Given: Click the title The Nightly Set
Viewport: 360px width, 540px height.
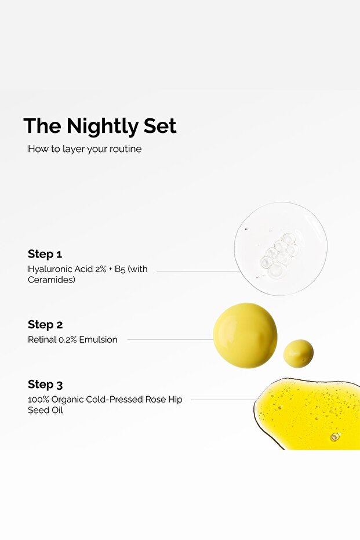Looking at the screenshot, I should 100,126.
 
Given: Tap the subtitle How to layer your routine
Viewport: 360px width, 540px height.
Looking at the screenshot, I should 85,149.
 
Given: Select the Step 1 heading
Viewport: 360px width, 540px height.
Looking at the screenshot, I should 45,254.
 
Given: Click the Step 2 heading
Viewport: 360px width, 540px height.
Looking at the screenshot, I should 45,325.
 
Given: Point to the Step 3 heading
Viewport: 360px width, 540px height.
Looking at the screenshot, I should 45,385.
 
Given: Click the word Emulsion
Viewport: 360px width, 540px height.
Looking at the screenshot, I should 99,340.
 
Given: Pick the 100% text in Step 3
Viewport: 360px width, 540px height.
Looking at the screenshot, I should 38,400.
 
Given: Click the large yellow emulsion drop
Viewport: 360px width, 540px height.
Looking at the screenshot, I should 245,335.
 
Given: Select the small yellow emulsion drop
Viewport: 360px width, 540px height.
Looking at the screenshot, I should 298,353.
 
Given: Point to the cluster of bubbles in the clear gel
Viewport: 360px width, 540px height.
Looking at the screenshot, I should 279,253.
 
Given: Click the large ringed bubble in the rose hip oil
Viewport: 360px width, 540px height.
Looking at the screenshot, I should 334,436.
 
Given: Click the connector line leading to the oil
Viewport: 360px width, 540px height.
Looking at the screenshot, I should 223,400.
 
